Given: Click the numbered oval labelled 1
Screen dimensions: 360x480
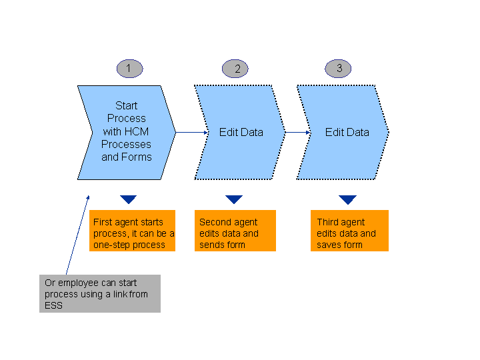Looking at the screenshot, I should click(x=129, y=68).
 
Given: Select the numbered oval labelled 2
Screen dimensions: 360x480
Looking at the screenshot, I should click(x=235, y=68).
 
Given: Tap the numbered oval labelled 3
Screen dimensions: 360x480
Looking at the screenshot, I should click(x=339, y=68).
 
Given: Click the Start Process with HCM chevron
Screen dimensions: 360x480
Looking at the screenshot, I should click(x=127, y=132).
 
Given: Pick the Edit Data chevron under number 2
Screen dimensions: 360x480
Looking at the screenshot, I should click(x=241, y=132).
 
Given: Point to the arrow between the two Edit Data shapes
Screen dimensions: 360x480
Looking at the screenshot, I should click(x=298, y=132).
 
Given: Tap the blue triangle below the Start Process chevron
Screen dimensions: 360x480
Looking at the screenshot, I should click(x=129, y=199).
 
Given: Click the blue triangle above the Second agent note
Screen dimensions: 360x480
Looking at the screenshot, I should click(x=234, y=199).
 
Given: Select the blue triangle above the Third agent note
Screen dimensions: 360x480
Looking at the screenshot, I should click(x=347, y=199).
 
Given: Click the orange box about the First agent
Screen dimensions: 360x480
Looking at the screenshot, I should click(x=132, y=231).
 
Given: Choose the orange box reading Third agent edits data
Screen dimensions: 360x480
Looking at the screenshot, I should click(x=349, y=231).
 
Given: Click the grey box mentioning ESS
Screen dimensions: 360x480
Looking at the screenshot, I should click(x=99, y=293).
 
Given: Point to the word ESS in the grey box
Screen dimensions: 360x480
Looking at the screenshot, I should click(x=53, y=305).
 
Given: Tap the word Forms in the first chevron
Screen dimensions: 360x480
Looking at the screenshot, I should click(x=137, y=157).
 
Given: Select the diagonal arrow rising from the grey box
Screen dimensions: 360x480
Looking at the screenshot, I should click(x=77, y=233).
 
